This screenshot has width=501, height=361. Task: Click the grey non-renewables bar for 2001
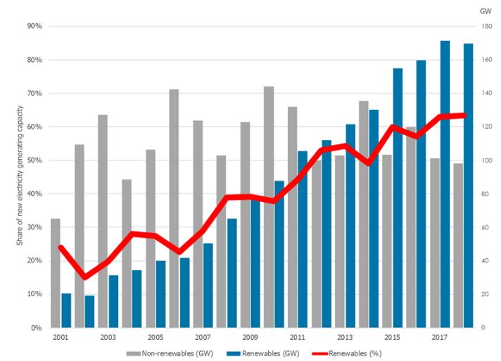coord(55,273)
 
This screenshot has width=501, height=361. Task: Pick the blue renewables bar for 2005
coord(161,294)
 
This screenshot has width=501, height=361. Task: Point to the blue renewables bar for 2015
coord(398,198)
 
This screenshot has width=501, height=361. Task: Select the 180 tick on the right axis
coord(485,26)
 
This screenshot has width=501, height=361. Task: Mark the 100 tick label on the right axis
coord(485,160)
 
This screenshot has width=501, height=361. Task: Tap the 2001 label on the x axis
coord(61,337)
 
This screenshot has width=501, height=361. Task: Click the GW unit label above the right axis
coord(485,11)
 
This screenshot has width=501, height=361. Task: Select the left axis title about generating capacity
coord(20,176)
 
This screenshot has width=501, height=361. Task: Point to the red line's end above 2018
coord(464,115)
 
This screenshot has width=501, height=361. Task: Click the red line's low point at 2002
coord(84,277)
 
